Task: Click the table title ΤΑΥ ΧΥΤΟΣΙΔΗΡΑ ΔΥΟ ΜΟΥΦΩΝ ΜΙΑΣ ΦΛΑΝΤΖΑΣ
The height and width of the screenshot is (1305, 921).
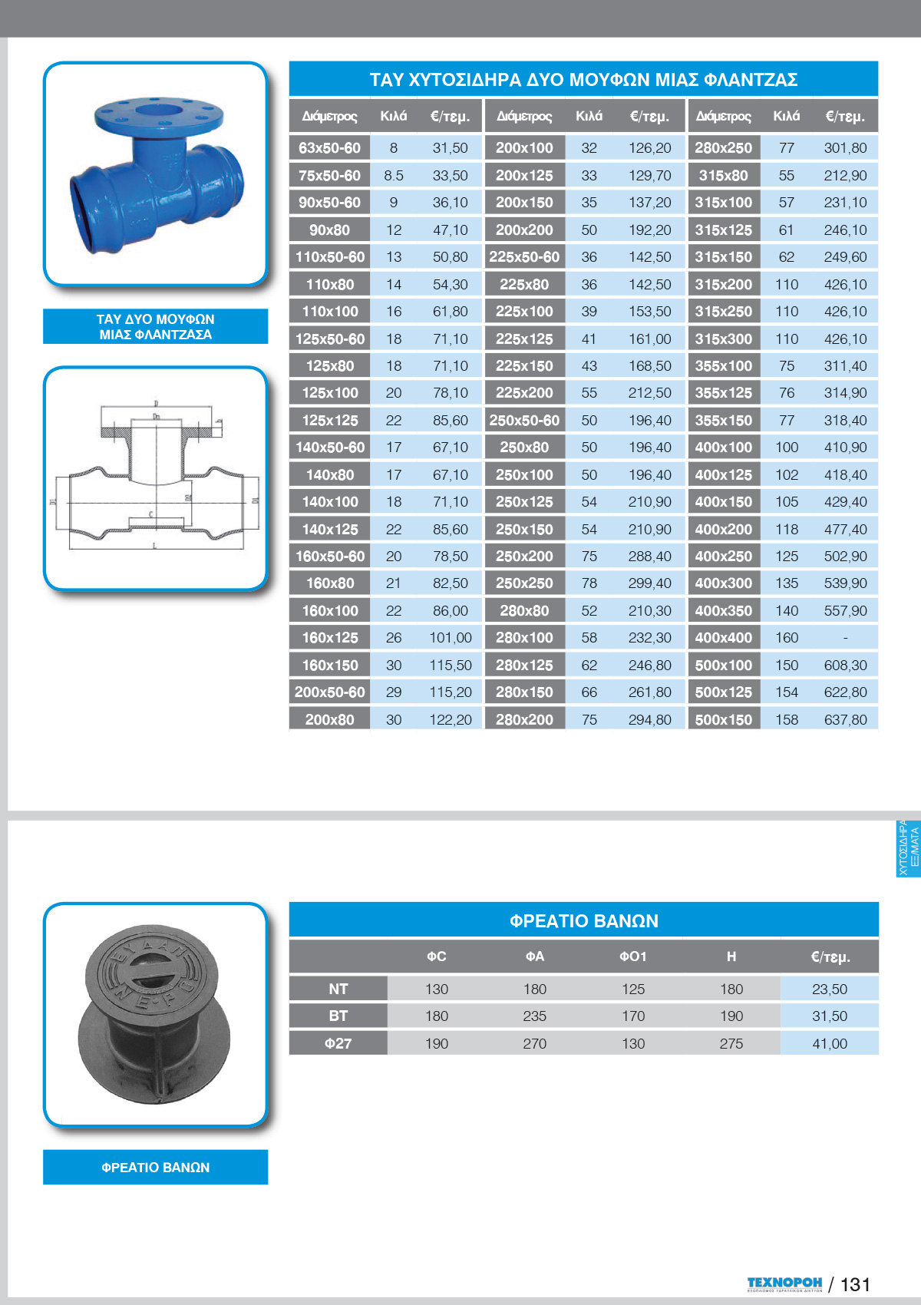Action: [x=583, y=80]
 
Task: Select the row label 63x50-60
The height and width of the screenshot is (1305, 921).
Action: [x=329, y=148]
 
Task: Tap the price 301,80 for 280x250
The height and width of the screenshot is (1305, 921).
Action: [x=845, y=148]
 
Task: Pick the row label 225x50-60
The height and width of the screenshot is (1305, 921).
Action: [x=524, y=257]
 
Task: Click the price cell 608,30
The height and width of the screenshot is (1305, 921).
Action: [x=845, y=666]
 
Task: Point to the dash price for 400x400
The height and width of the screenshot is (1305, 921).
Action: [x=845, y=638]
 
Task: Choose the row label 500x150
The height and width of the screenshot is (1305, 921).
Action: [x=723, y=720]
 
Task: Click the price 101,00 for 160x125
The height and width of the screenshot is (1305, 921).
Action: [x=451, y=638]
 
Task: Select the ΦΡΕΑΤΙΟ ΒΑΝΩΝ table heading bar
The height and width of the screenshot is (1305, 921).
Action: [x=583, y=920]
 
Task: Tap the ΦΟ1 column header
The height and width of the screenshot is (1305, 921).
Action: [x=633, y=956]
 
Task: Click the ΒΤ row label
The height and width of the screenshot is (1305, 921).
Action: [x=338, y=1016]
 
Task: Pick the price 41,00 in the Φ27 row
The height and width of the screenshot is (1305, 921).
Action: [x=830, y=1044]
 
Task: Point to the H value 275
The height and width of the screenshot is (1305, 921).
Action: [x=731, y=1044]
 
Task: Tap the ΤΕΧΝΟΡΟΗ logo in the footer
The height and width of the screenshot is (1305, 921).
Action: [x=784, y=1284]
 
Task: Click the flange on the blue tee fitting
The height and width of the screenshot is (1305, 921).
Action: [x=159, y=117]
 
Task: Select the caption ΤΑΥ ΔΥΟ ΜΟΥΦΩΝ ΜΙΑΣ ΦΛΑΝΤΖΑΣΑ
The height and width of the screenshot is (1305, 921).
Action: [x=155, y=327]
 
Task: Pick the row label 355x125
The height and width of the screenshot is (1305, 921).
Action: [x=723, y=393]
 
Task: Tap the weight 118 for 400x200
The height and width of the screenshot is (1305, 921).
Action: [x=787, y=530]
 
